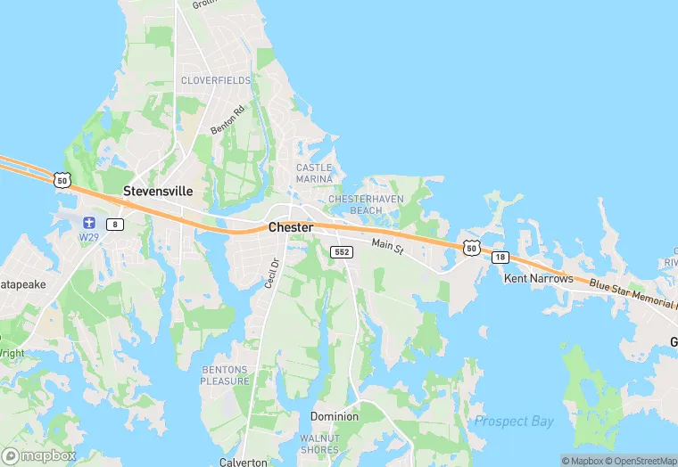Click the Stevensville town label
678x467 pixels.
click(158, 192)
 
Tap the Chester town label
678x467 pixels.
click(291, 228)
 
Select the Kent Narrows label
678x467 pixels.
click(538, 279)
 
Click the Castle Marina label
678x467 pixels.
click(314, 173)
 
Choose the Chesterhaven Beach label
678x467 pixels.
click(367, 204)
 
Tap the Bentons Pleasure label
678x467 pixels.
click(226, 375)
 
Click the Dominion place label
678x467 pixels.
click(335, 416)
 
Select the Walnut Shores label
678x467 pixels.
click(319, 443)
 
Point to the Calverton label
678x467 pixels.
click(244, 462)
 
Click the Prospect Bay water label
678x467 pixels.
click(514, 421)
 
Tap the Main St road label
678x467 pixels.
click(388, 245)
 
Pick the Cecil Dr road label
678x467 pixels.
click(272, 273)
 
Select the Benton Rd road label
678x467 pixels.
click(227, 121)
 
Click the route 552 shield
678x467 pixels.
click(342, 252)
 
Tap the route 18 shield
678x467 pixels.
click(500, 257)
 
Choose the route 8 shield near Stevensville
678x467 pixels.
click(115, 224)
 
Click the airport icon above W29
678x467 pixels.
click(88, 223)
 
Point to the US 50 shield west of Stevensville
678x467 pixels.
click(61, 181)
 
